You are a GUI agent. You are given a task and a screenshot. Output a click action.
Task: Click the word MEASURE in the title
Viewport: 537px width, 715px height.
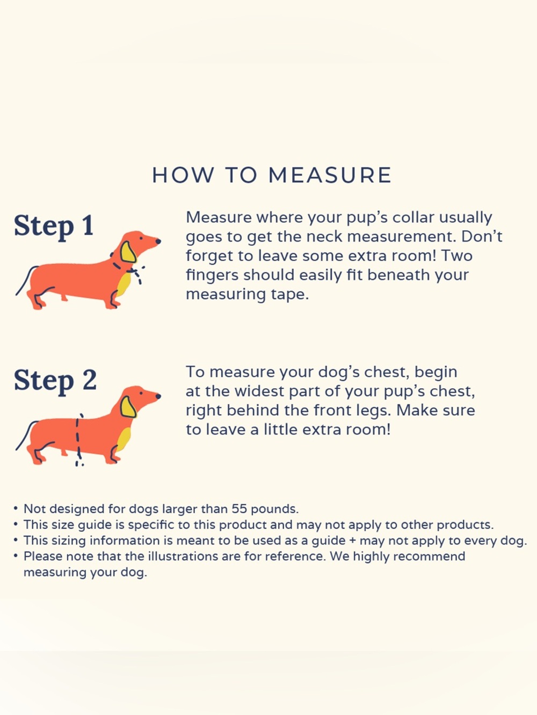click(x=330, y=175)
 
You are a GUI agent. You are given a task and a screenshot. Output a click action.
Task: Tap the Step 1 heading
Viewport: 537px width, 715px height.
click(x=54, y=226)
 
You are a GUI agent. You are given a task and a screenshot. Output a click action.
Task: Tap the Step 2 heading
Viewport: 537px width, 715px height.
click(x=55, y=380)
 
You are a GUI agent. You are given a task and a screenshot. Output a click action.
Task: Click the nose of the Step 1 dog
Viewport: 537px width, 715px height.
click(x=158, y=241)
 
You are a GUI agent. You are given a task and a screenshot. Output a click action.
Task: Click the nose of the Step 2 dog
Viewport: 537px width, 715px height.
click(x=158, y=396)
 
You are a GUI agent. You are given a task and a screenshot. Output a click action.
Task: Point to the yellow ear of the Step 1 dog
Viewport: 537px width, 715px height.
click(x=128, y=252)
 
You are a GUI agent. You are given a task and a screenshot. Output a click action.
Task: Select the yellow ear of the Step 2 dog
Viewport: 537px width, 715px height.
click(x=128, y=407)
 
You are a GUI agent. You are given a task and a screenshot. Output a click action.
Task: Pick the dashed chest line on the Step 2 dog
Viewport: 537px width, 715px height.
click(x=78, y=440)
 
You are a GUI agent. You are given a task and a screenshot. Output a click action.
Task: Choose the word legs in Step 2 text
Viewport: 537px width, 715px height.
click(x=376, y=411)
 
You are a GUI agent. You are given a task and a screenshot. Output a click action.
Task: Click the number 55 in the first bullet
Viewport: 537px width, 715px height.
click(x=240, y=509)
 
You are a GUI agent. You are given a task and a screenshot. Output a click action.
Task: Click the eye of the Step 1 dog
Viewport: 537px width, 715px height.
click(x=141, y=238)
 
